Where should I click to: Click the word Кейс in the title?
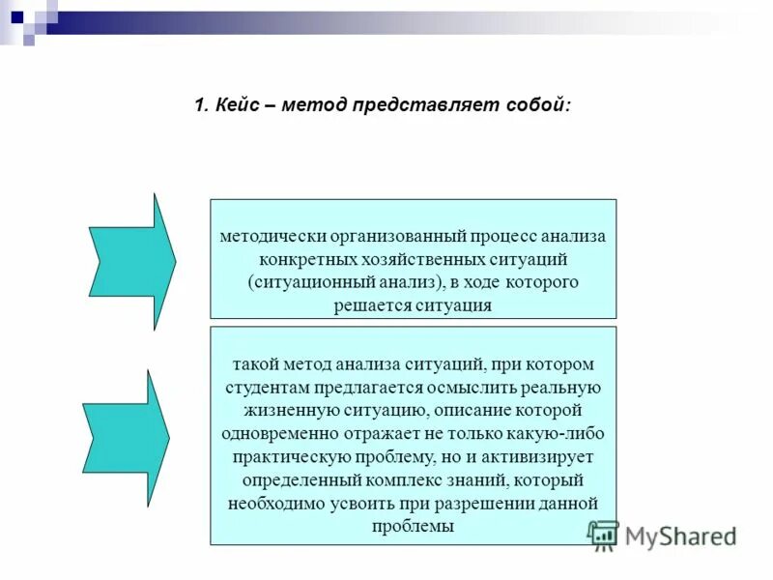(x=236, y=104)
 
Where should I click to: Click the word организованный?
(x=397, y=236)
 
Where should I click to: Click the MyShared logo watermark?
(x=662, y=535)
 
